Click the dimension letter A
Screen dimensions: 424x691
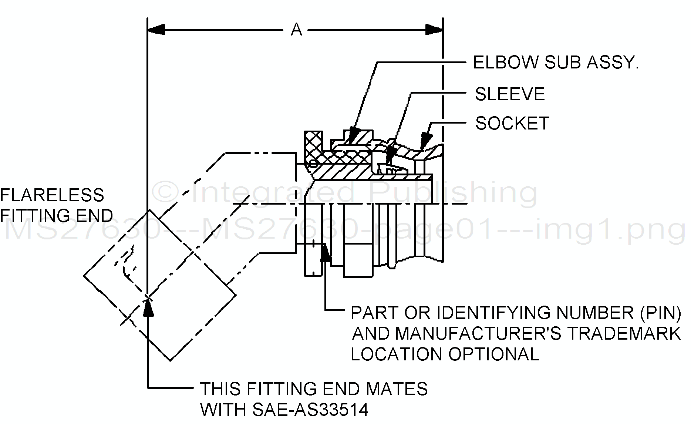pyautogui.click(x=296, y=30)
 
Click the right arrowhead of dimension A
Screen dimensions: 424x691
pyautogui.click(x=434, y=30)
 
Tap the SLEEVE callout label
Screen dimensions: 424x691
pyautogui.click(x=510, y=94)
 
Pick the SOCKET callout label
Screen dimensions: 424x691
pyautogui.click(x=512, y=124)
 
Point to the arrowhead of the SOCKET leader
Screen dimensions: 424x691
pyautogui.click(x=426, y=141)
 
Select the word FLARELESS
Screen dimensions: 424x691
pyautogui.click(x=52, y=195)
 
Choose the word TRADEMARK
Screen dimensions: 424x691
pyautogui.click(x=624, y=333)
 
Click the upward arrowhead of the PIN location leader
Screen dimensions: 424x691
pyautogui.click(x=326, y=253)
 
